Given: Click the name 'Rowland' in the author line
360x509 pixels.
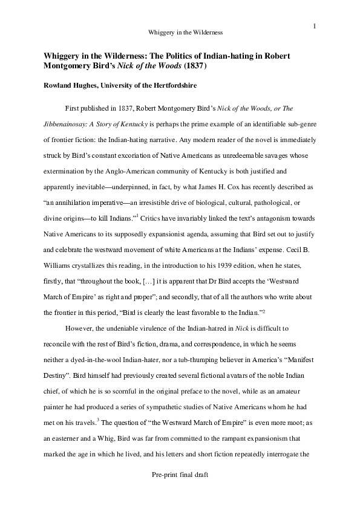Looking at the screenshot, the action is [x=58, y=86].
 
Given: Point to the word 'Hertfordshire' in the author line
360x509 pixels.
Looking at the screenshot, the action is [x=165, y=86].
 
